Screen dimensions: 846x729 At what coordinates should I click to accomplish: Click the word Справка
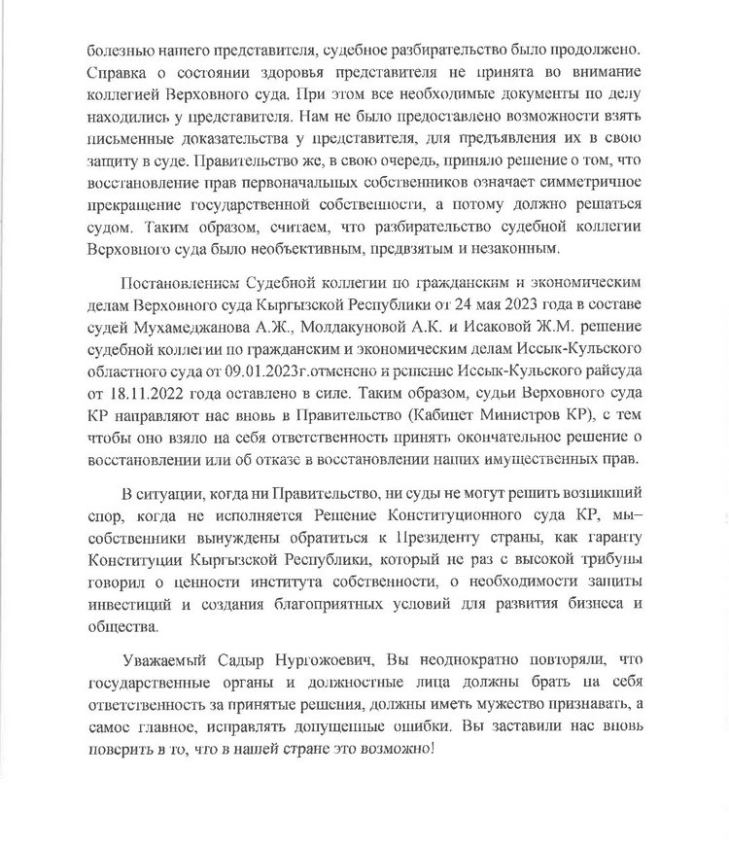pos(113,72)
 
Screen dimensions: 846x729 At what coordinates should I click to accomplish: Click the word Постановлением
pos(174,289)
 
